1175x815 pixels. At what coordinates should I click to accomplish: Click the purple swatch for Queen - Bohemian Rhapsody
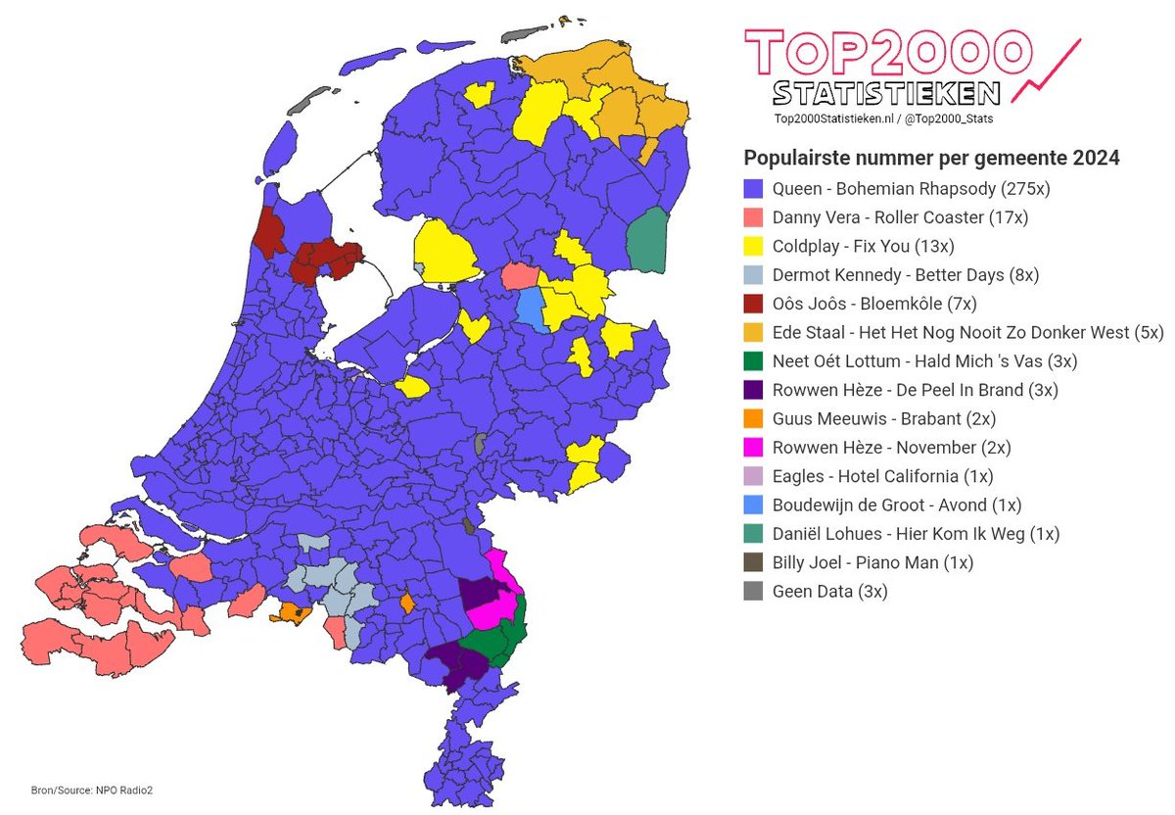tap(753, 189)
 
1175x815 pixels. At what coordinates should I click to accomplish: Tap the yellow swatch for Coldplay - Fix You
tap(753, 246)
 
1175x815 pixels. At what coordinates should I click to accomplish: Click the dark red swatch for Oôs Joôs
tap(753, 304)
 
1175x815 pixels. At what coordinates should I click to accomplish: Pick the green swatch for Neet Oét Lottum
tap(753, 361)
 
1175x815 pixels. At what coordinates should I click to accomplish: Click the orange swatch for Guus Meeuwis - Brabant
tap(753, 418)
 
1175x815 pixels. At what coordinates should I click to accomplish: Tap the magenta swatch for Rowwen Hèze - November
tap(753, 448)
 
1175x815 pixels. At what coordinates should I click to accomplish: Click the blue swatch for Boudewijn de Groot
tap(753, 505)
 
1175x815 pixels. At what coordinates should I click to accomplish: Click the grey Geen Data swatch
tap(753, 592)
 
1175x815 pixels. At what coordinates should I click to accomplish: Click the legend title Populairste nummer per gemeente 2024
tap(932, 158)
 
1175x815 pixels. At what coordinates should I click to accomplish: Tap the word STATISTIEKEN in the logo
tap(887, 93)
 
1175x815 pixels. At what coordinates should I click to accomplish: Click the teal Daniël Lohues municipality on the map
tap(646, 241)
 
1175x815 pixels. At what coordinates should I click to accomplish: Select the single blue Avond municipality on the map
tap(529, 307)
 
